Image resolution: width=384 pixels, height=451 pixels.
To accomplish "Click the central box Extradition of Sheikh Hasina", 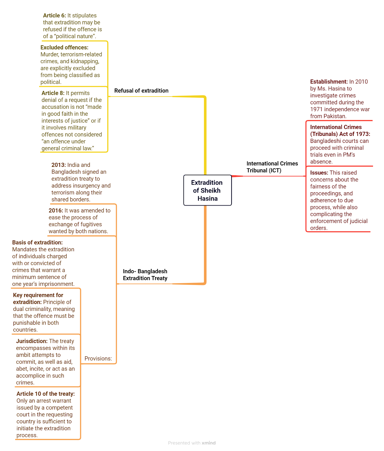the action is click(208, 190).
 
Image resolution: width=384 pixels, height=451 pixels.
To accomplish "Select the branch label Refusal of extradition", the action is click(141, 91).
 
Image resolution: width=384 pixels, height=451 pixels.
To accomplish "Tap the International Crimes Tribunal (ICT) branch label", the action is click(272, 167).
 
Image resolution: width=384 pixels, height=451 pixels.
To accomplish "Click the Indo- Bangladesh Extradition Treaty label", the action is click(145, 275).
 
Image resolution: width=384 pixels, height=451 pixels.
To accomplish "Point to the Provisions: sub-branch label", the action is click(98, 359).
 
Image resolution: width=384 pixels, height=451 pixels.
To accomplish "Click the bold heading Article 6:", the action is click(54, 16).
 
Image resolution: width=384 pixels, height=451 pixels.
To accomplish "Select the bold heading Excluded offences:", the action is click(64, 48).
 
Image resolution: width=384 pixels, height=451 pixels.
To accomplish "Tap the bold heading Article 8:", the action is click(53, 93).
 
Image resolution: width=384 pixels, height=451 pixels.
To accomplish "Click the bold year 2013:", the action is click(59, 165).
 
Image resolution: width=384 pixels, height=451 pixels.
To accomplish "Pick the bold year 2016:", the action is click(56, 211).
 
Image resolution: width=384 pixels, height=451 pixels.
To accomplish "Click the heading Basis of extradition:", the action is click(37, 242).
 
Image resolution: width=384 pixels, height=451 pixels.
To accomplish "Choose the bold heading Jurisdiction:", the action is click(32, 341).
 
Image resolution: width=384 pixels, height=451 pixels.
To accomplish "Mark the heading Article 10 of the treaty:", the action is click(46, 394).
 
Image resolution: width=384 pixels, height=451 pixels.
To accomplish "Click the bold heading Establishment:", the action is click(329, 82).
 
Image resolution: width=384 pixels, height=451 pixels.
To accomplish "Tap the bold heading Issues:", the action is click(319, 173).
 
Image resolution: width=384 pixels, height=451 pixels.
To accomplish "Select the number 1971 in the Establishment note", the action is click(316, 109).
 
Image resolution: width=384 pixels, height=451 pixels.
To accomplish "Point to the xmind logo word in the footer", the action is click(209, 443).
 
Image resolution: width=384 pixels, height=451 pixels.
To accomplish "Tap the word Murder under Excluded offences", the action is click(50, 54).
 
